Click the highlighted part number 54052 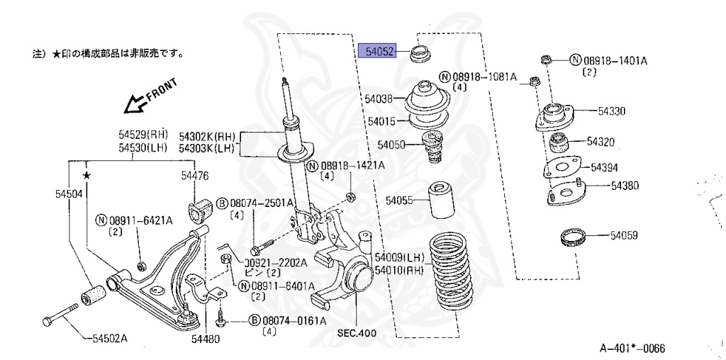pos(376,50)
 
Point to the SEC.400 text pos(356,333)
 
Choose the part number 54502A pos(109,337)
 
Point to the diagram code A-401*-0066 pos(632,348)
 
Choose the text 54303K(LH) pos(206,147)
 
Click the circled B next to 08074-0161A pos(255,320)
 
